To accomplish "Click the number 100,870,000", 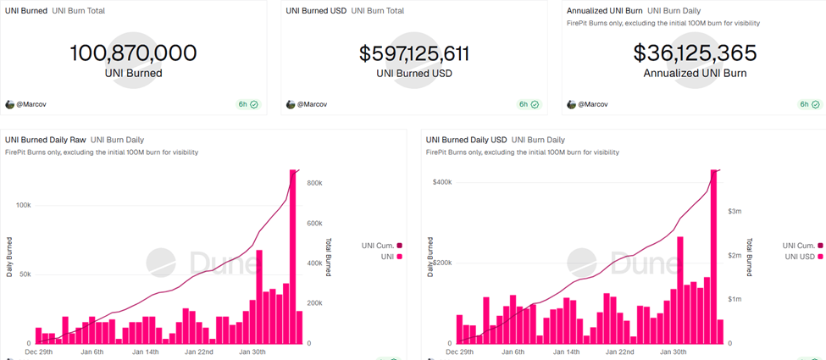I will tap(133, 53).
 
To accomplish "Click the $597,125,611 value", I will tap(413, 53).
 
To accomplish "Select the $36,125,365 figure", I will tap(695, 53).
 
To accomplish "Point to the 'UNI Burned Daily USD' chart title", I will tap(465, 139).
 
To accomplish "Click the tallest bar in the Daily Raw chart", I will tap(293, 254).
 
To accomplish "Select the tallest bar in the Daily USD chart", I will tap(713, 254).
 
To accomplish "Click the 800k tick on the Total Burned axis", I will tap(315, 183).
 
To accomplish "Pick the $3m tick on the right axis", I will tap(735, 211).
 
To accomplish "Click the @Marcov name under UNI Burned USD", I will tap(312, 104).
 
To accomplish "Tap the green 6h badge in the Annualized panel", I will tap(809, 104).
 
